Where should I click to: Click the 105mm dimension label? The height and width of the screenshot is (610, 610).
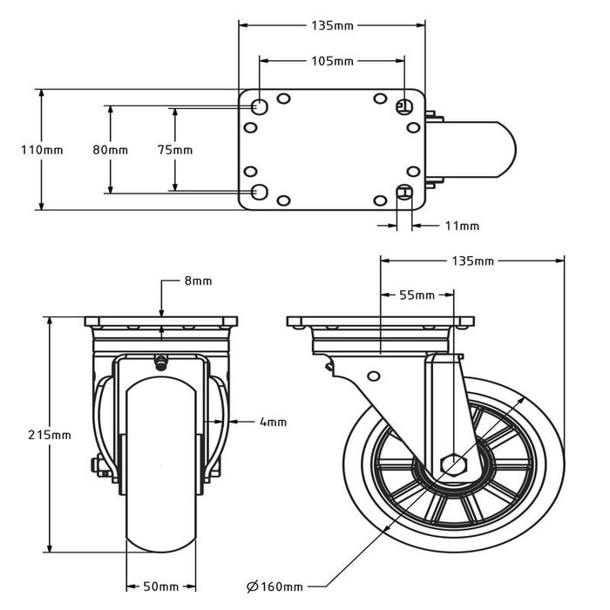[331, 61]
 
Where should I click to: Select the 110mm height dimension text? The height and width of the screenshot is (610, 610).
[42, 150]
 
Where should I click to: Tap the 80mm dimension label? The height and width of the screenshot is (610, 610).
[110, 150]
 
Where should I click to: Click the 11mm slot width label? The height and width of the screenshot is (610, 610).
[462, 227]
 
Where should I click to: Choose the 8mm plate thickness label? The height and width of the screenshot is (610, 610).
[198, 281]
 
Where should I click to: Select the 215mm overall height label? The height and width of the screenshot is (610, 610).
[50, 434]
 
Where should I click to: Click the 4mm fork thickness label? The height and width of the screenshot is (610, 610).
[273, 423]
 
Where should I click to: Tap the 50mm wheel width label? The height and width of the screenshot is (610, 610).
[161, 586]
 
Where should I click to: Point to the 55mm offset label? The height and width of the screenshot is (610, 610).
[417, 295]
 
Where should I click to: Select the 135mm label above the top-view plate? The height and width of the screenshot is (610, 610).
[331, 25]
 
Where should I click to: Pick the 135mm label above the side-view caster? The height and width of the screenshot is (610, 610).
[472, 261]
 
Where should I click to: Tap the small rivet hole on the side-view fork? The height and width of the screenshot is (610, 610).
[373, 377]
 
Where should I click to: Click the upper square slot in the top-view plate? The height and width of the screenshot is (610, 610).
[403, 106]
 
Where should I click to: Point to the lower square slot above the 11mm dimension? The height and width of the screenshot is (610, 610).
[403, 192]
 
